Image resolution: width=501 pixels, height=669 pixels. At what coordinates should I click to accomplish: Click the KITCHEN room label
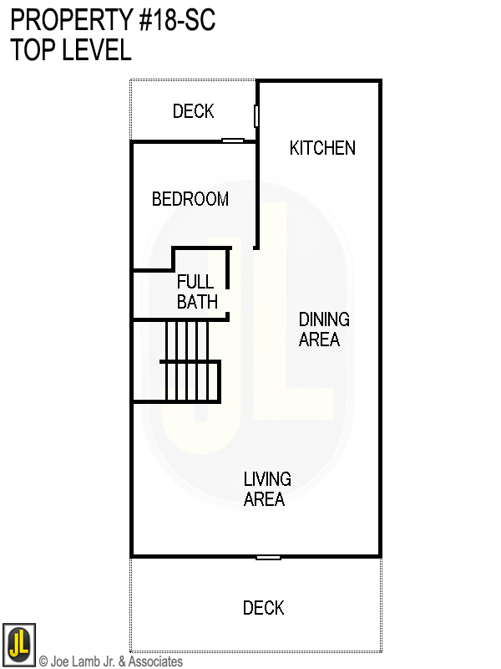[322, 148]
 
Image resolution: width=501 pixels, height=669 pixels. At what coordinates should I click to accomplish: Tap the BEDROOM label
[190, 199]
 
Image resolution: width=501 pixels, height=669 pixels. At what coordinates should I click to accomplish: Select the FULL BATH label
[197, 292]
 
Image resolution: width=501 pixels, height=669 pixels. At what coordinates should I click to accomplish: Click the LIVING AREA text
[267, 489]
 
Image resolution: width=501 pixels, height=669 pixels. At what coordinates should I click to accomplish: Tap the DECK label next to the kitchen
[193, 111]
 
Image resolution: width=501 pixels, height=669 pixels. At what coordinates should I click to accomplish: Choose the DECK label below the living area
[263, 608]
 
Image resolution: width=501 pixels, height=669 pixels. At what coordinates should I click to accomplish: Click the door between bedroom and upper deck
[233, 140]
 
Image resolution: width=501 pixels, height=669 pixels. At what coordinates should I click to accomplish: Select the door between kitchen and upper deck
[257, 115]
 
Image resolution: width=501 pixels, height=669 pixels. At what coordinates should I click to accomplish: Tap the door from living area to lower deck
[268, 557]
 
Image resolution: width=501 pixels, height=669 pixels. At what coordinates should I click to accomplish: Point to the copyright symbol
[43, 661]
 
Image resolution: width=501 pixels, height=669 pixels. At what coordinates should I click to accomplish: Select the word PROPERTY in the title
[63, 21]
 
